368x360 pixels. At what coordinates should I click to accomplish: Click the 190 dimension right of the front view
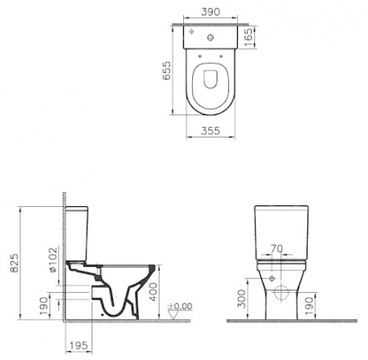330,304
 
